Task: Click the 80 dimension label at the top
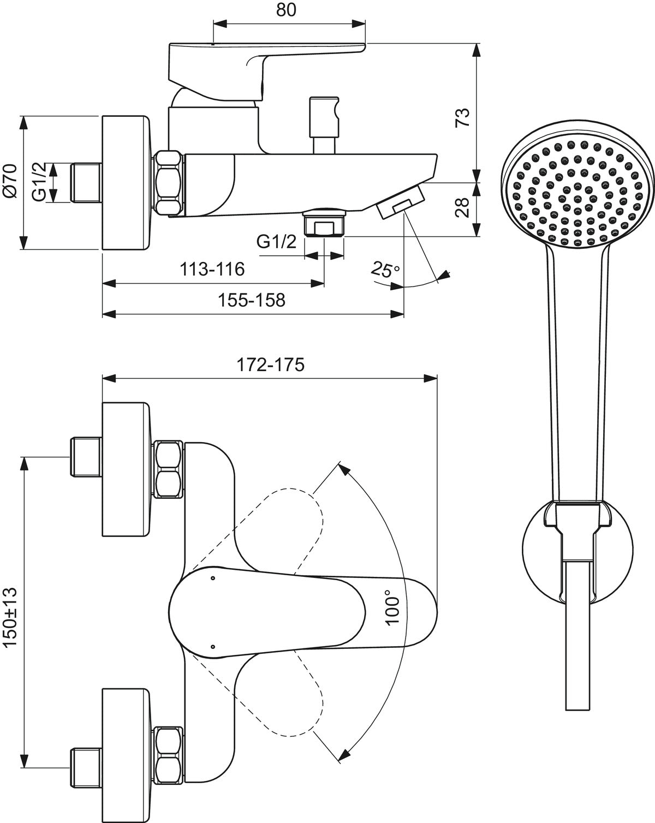click(x=286, y=10)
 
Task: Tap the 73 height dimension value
click(x=462, y=118)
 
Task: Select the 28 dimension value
click(x=462, y=208)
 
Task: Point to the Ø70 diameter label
click(x=10, y=181)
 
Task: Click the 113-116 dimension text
click(x=212, y=269)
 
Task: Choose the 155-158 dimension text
click(x=252, y=300)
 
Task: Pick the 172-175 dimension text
click(x=271, y=365)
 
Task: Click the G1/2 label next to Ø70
click(x=39, y=182)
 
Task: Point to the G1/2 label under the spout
click(x=276, y=242)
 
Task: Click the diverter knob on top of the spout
click(x=324, y=125)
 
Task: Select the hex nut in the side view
click(x=168, y=182)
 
